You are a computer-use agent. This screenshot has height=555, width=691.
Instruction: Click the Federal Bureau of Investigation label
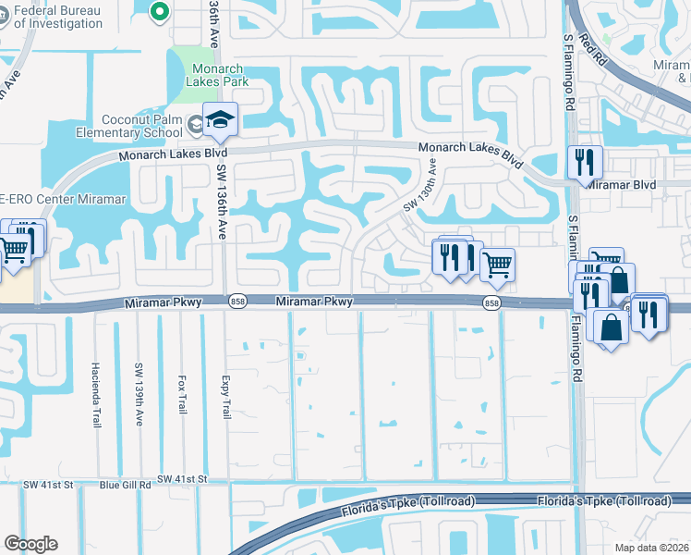(51, 17)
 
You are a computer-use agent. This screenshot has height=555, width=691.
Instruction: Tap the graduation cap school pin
(221, 119)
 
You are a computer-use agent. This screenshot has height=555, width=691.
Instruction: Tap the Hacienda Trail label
(94, 394)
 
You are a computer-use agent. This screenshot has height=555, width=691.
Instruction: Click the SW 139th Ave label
(139, 394)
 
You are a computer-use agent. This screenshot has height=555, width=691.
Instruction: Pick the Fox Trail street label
(182, 394)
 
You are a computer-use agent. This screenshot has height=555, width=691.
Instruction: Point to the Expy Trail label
(225, 394)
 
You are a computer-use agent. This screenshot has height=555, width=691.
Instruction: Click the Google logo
(30, 544)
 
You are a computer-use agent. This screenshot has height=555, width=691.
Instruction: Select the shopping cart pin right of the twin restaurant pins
(497, 265)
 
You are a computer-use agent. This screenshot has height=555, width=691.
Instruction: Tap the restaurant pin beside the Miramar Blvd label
(585, 162)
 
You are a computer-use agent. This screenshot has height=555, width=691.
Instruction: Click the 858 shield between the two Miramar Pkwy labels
(238, 302)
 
